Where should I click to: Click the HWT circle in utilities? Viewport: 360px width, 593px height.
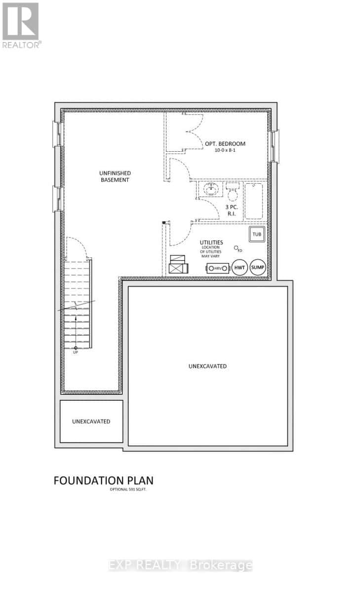coord(240,267)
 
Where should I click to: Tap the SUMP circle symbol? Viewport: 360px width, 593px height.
coord(257,267)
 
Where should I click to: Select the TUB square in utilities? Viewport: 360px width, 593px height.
coord(257,234)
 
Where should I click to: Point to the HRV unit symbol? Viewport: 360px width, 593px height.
coord(218,268)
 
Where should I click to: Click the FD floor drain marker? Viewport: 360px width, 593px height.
coord(237,249)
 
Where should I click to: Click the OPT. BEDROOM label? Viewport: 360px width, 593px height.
coord(225,144)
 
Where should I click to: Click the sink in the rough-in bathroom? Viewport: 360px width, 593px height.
coord(210,188)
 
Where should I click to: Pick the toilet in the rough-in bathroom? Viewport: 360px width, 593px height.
coord(233,189)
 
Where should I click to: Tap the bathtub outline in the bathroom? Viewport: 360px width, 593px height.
coord(255,201)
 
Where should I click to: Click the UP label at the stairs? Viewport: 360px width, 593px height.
coord(75,352)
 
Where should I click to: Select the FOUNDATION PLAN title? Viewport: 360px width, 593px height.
coord(103,480)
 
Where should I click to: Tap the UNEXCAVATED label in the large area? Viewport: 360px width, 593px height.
coord(207,366)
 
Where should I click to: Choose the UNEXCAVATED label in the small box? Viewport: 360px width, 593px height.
coord(91,422)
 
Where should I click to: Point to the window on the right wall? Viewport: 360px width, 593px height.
coord(275,146)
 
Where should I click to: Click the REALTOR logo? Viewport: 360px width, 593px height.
coord(20,25)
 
